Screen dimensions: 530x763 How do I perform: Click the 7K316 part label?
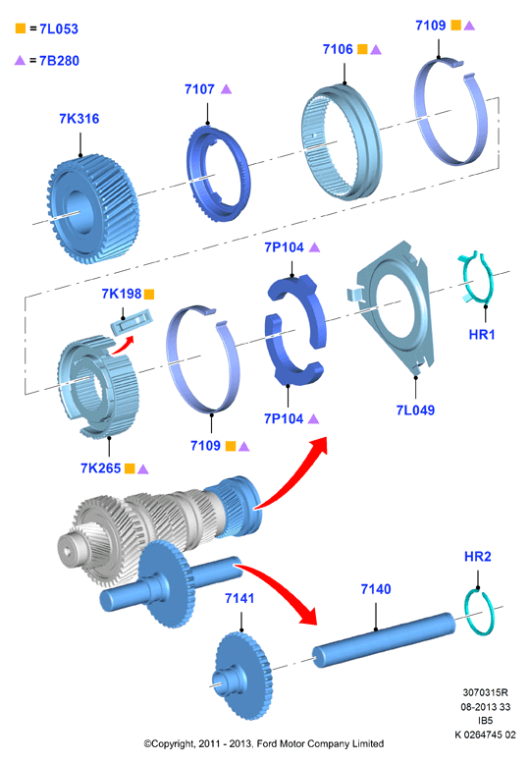(79, 119)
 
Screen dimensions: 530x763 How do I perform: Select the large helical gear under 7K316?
(92, 209)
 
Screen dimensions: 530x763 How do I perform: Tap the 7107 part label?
(199, 89)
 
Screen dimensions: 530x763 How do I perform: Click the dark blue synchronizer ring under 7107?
(218, 174)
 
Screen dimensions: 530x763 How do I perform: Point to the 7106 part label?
(338, 49)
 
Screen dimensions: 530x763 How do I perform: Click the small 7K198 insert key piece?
(132, 322)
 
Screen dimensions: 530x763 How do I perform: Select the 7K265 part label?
(101, 468)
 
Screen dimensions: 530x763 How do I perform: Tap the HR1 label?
(481, 335)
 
